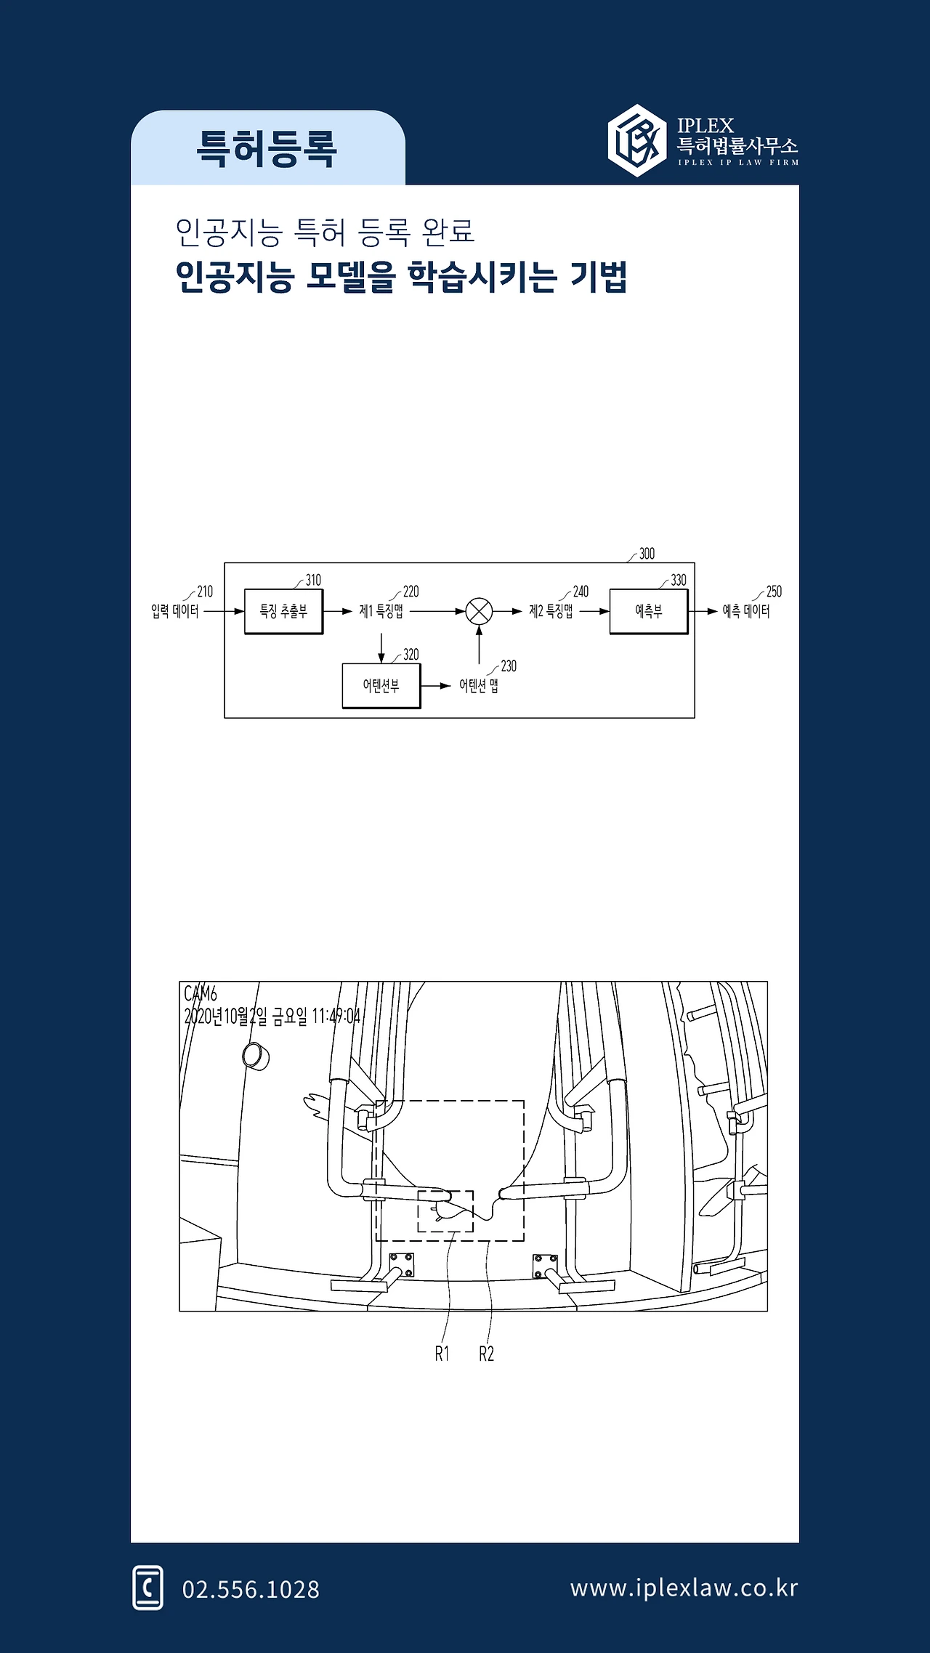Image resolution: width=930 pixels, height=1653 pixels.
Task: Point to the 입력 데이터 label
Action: pos(174,611)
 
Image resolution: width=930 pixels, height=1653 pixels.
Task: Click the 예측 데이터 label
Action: pos(746,611)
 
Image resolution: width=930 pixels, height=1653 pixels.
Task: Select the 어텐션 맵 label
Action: pos(479,686)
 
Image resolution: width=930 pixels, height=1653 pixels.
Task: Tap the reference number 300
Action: pos(647,554)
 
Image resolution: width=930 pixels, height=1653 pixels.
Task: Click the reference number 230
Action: pos(509,666)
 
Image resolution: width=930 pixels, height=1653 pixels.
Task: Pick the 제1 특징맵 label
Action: pos(381,611)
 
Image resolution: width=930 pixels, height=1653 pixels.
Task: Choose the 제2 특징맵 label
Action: pos(551,611)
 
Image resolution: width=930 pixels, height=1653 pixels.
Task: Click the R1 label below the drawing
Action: pos(442,1354)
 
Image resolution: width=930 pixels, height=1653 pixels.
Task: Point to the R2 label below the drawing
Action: pos(486,1354)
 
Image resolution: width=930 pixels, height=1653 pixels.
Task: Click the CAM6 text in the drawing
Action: pos(201,993)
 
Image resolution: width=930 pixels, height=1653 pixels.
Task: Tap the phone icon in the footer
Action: pos(148,1588)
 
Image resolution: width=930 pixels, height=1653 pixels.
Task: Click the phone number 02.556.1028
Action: pos(251,1589)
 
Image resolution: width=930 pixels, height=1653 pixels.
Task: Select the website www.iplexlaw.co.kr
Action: pos(684,1588)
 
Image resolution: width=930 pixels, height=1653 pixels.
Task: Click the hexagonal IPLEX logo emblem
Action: pos(637,140)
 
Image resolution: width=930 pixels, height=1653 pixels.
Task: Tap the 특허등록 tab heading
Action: pos(267,149)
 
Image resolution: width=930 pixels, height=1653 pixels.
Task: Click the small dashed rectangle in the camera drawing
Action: pos(418,1211)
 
